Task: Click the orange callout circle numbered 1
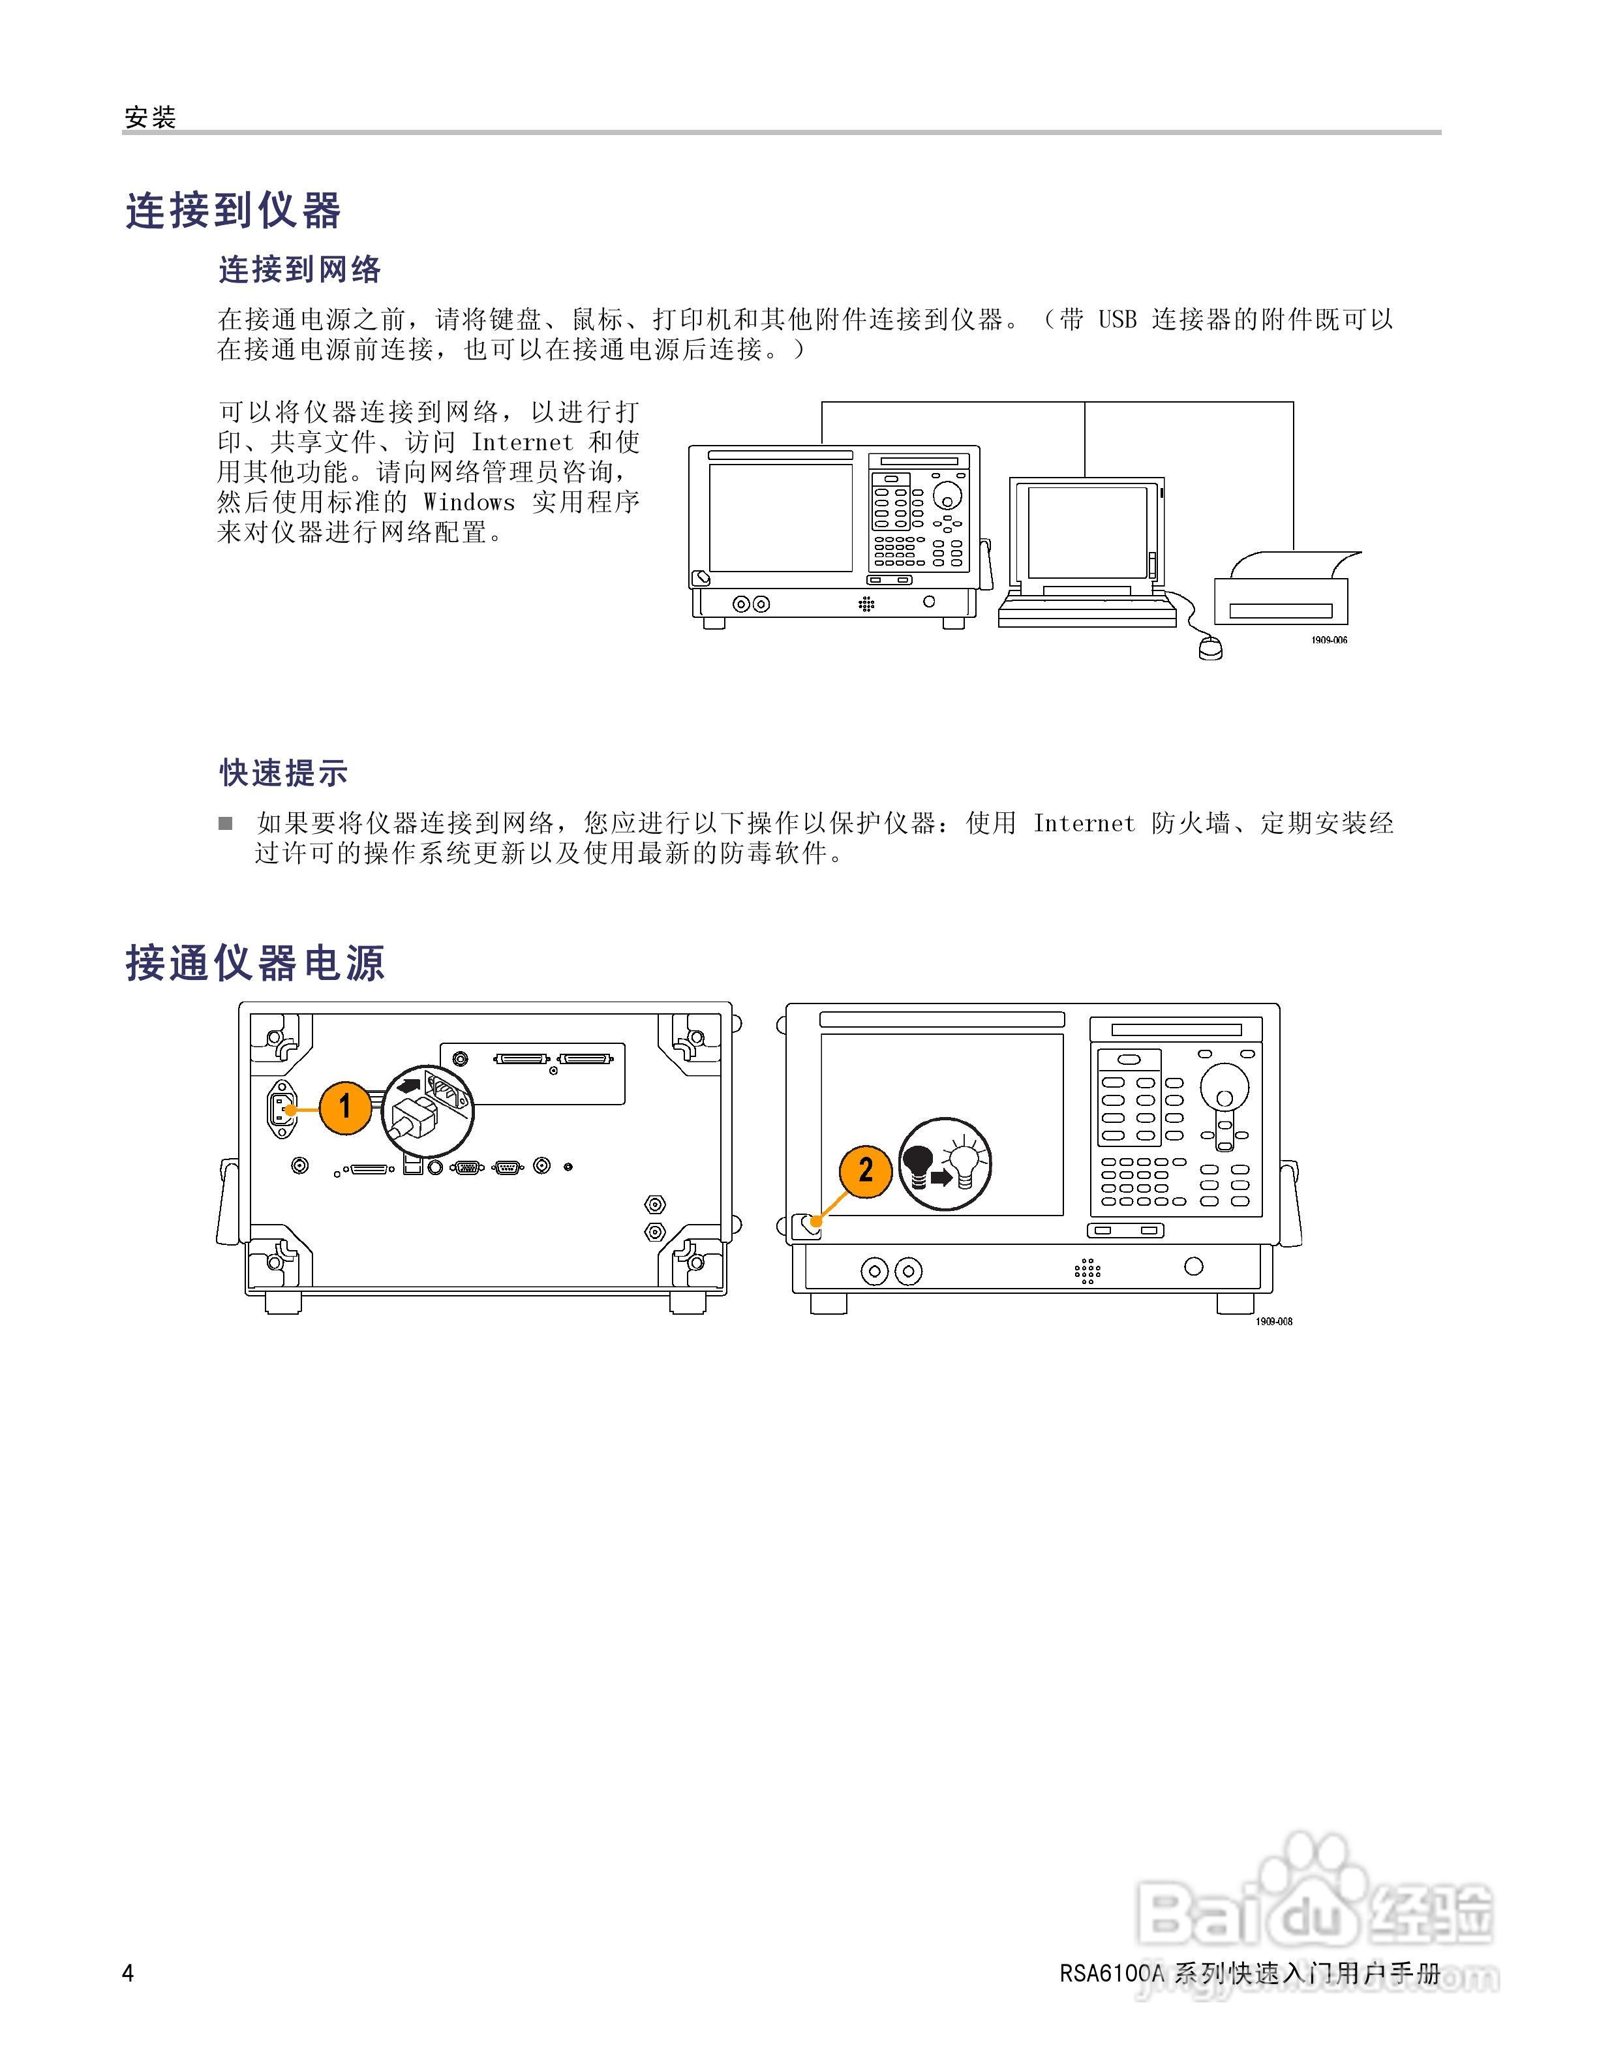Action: (x=345, y=1105)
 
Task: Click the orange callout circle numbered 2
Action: (x=865, y=1171)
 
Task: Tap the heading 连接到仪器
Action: (x=233, y=210)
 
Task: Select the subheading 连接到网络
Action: (x=300, y=269)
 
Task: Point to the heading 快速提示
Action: (x=284, y=773)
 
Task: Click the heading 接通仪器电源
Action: (x=256, y=964)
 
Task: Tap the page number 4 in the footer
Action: (x=129, y=1973)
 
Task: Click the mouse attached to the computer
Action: (x=1210, y=649)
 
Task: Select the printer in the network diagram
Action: (x=1286, y=592)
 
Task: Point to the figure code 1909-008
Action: (x=1273, y=1321)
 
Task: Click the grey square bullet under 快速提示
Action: (x=225, y=823)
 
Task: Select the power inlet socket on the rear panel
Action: (x=281, y=1107)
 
